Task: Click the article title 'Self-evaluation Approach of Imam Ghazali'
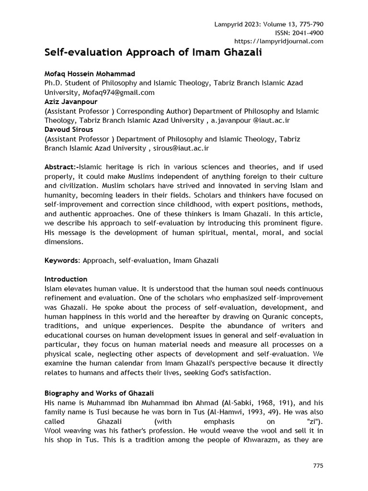pyautogui.click(x=153, y=52)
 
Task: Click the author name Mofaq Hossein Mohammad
pyautogui.click(x=90, y=74)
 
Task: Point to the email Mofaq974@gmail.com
pyautogui.click(x=114, y=93)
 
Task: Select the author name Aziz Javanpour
pyautogui.click(x=70, y=102)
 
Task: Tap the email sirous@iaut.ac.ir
pyautogui.click(x=181, y=148)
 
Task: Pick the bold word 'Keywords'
pyautogui.click(x=61, y=260)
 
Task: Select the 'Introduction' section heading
pyautogui.click(x=66, y=279)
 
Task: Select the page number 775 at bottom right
pyautogui.click(x=318, y=465)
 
